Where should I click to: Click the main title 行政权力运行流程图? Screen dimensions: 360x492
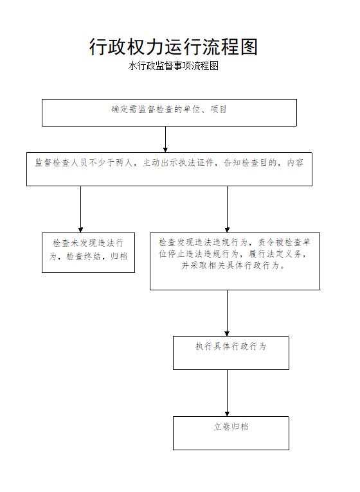[174, 47]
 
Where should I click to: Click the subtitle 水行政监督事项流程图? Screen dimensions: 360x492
[174, 66]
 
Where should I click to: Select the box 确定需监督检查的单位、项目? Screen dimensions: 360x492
[169, 112]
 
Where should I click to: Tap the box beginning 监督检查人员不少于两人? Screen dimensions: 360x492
[169, 169]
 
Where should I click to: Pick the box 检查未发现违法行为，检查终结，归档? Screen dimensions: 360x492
[88, 252]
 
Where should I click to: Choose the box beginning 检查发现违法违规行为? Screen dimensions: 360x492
[235, 261]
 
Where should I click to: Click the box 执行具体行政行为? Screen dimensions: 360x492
[231, 353]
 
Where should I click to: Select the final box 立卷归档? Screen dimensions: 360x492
[231, 433]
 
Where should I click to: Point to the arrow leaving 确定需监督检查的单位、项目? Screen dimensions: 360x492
[166, 139]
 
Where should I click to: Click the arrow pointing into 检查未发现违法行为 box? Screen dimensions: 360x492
[81, 209]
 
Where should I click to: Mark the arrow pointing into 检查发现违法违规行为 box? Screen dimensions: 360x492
[227, 209]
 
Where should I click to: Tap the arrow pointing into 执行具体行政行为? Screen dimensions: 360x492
[227, 313]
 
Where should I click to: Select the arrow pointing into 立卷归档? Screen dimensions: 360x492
[227, 393]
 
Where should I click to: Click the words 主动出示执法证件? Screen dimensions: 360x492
[179, 163]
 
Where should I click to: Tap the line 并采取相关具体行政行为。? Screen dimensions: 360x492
[233, 265]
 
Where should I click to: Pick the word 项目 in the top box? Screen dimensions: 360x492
[219, 109]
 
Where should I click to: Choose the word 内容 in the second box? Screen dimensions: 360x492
[295, 163]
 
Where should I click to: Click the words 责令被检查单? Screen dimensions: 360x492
[284, 242]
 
